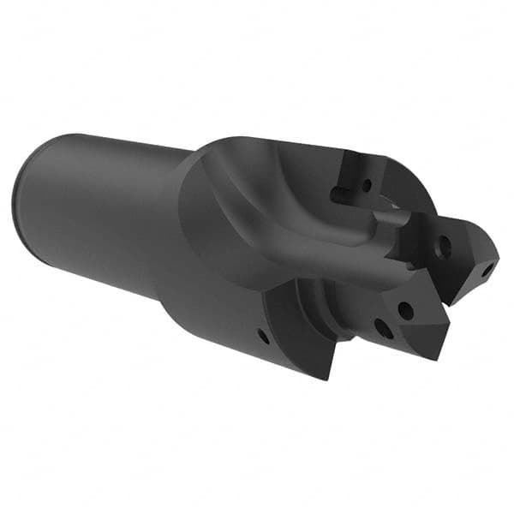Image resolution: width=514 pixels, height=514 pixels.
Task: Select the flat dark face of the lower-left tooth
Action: click(x=300, y=330)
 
